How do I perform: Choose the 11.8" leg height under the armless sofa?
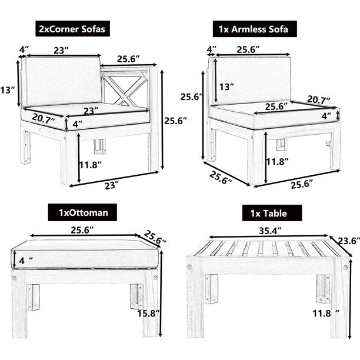[x=278, y=161]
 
